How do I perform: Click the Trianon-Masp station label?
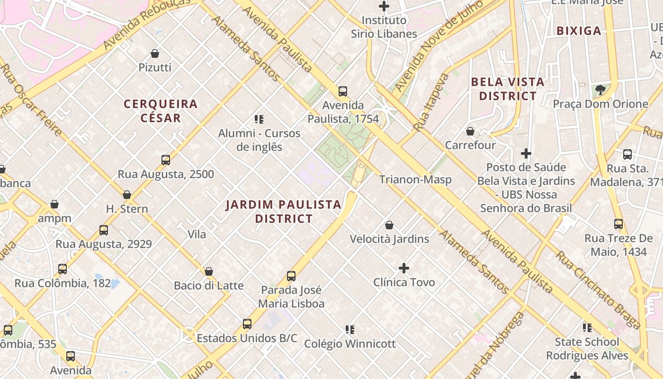[x=415, y=180]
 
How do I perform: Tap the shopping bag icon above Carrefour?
[x=470, y=131]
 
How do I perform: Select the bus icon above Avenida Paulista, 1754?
[x=342, y=91]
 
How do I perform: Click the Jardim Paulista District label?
[x=283, y=211]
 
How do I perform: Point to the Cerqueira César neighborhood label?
[x=161, y=111]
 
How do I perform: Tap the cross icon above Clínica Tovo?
[x=403, y=269]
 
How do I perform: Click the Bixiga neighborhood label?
[x=579, y=31]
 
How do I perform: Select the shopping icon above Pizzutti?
[x=154, y=54]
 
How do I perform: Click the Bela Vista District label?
[x=508, y=89]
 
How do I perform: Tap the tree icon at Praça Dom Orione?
[x=600, y=90]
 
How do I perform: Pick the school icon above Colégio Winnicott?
[x=350, y=330]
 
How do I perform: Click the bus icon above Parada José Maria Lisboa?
[x=291, y=276]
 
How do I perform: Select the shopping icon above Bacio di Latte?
[x=208, y=271]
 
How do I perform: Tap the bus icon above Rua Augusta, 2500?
[x=165, y=160]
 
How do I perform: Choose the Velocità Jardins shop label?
[x=389, y=239]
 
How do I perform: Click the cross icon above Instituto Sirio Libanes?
[x=384, y=7]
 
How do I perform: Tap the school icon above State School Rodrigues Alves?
[x=587, y=328]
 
